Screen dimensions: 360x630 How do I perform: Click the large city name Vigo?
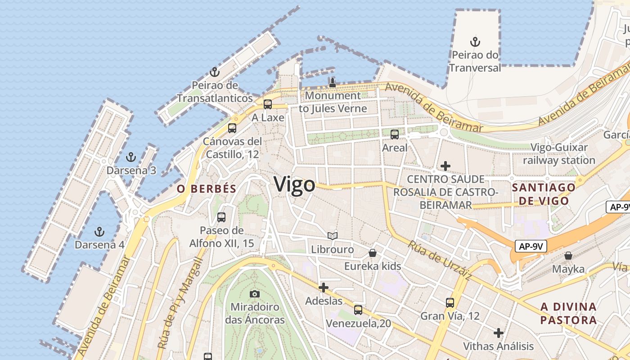(294, 185)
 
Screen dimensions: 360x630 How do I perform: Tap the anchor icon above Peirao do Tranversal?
(475, 42)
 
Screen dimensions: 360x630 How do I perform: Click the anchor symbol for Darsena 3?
(130, 157)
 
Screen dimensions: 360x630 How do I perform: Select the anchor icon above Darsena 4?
(99, 232)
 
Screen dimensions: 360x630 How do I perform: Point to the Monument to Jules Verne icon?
(333, 82)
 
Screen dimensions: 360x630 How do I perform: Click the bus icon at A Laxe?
(268, 104)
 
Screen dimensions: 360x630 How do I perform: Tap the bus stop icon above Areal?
(395, 134)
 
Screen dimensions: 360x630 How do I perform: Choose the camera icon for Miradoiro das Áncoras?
(255, 294)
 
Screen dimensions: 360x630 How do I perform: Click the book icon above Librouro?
(333, 236)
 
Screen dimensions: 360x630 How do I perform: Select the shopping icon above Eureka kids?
(373, 253)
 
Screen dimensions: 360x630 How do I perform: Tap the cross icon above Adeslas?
(323, 287)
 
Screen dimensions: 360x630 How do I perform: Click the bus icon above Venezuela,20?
(358, 310)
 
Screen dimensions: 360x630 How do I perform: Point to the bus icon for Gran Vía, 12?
(450, 302)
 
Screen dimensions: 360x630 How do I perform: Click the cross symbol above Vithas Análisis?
(498, 333)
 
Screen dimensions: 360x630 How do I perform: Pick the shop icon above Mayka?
(568, 256)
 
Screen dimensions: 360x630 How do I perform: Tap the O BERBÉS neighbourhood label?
(207, 189)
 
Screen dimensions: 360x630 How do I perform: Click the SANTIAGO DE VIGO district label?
(544, 194)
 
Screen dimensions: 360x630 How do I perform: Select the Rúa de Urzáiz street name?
(439, 261)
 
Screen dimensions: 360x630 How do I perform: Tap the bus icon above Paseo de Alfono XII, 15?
(221, 217)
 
